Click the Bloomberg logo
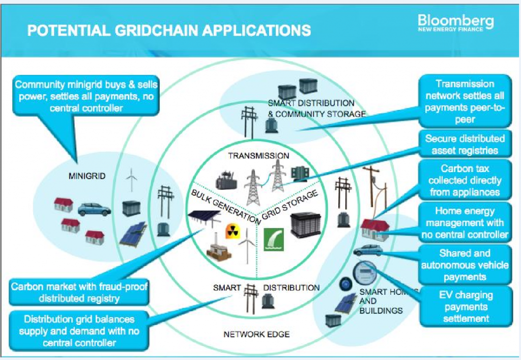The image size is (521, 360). click(455, 24)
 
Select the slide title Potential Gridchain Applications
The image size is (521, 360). click(169, 31)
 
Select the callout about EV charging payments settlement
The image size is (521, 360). click(466, 307)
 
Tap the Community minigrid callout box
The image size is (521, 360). click(86, 96)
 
